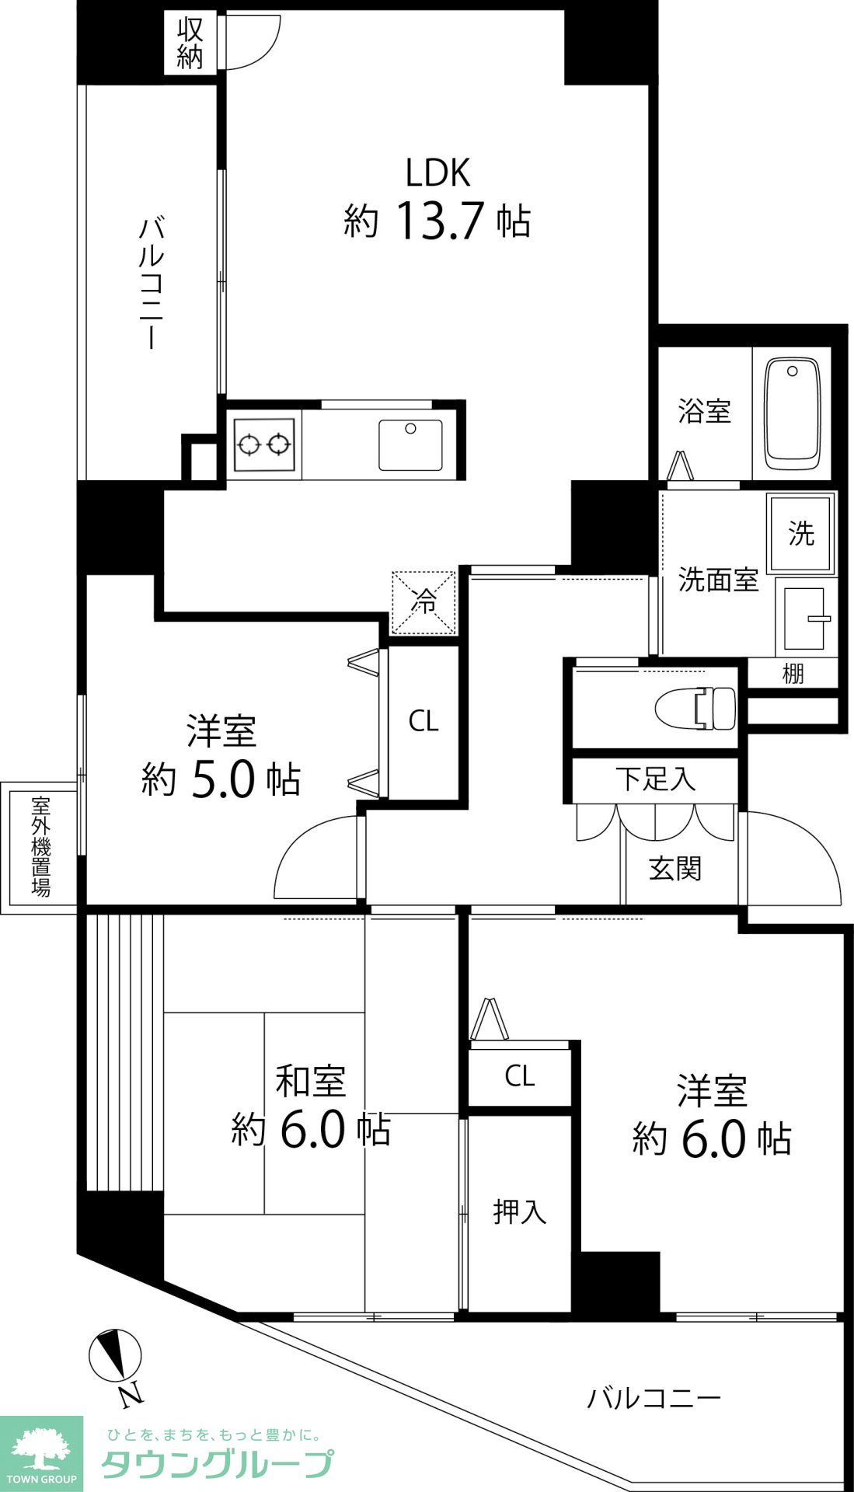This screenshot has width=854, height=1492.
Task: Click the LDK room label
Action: [x=437, y=173]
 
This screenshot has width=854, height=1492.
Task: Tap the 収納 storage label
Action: [x=190, y=44]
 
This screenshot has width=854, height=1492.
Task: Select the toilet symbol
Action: [x=696, y=708]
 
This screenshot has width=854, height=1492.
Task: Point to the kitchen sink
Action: [x=410, y=444]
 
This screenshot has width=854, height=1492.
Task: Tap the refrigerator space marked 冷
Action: [x=424, y=602]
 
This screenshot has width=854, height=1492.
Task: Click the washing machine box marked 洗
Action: [x=800, y=533]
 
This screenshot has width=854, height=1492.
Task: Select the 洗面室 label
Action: [x=717, y=580]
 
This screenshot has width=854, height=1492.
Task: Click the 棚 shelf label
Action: [x=792, y=674]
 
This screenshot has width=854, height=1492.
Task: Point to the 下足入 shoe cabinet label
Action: [x=655, y=779]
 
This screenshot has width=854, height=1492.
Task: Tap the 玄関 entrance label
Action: [x=675, y=868]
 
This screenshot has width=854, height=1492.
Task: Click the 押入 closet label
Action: [x=519, y=1211]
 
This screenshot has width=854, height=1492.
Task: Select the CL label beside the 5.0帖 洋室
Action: [x=424, y=722]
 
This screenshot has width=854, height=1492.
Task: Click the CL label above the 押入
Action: [x=519, y=1076]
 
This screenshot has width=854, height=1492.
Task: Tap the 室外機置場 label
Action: [x=40, y=846]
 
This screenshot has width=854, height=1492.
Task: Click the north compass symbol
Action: [x=117, y=1356]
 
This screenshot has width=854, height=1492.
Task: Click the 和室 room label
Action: [x=311, y=1081]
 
